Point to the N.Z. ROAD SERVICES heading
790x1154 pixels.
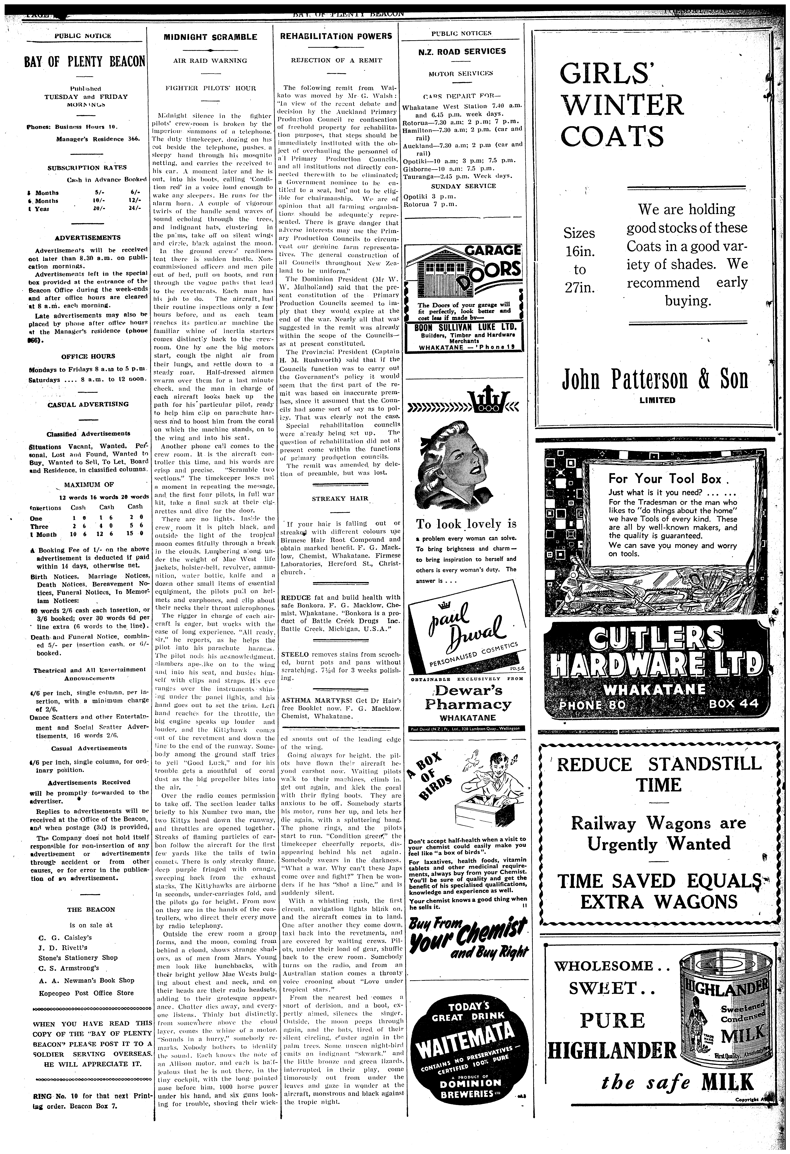[462, 51]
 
